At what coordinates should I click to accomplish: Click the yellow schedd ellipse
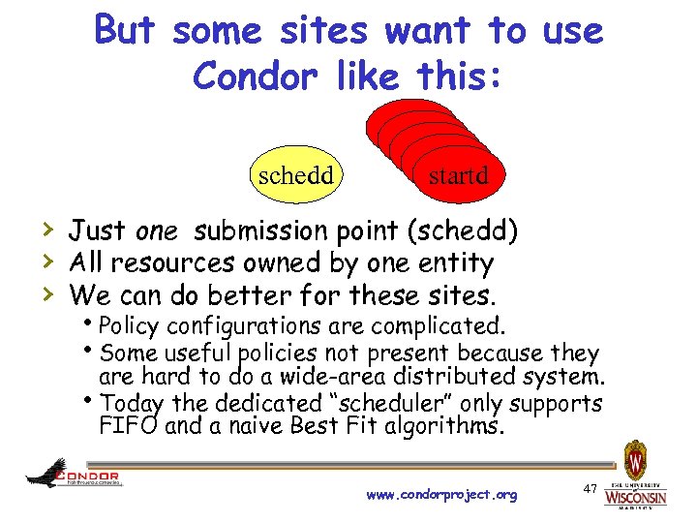[295, 175]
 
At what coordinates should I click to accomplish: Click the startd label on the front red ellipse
[458, 176]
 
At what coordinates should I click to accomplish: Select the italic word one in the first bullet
[156, 231]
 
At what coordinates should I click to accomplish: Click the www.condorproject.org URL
[441, 495]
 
